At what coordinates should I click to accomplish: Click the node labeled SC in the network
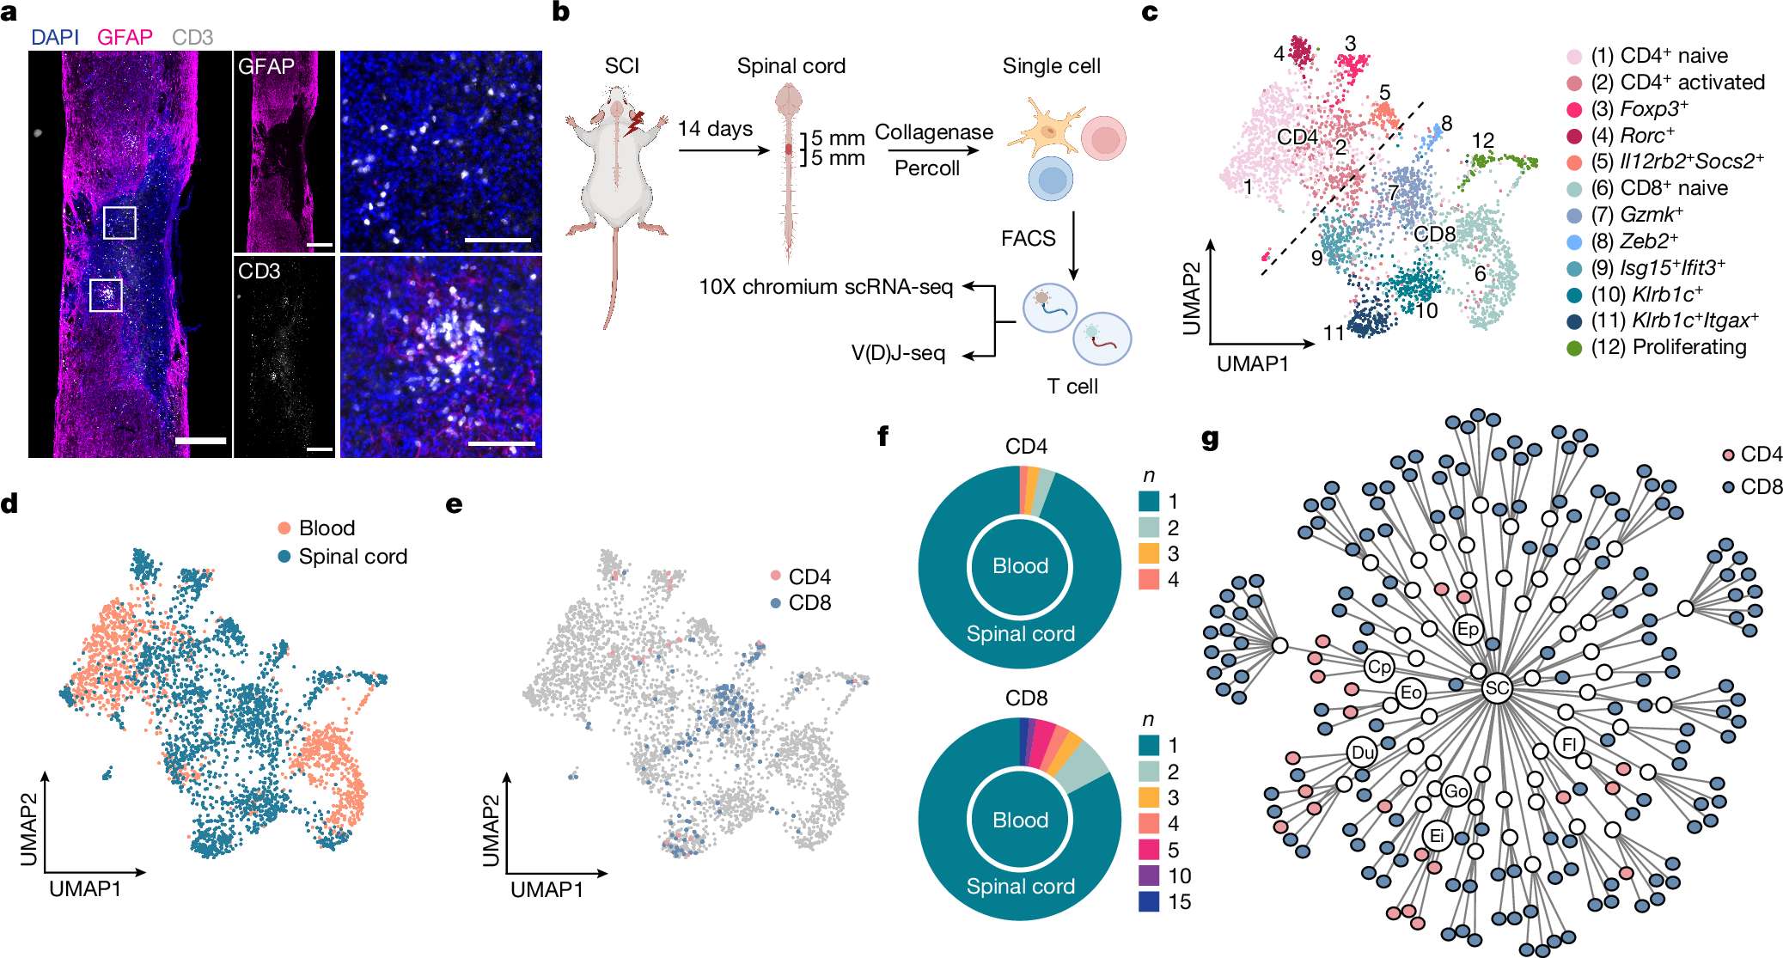(1497, 688)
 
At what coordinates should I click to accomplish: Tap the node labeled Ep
(1468, 629)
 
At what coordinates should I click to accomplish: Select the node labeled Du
(1362, 753)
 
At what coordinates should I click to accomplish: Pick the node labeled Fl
(1569, 743)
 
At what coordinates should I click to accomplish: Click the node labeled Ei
(1436, 835)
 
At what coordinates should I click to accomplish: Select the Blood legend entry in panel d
(326, 528)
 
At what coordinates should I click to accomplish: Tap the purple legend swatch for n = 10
(1149, 876)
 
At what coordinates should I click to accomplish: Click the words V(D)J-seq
(898, 353)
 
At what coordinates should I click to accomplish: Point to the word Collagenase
(933, 132)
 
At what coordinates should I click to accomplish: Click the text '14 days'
(715, 129)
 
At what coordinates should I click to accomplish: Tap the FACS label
(1028, 238)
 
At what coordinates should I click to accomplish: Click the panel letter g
(1210, 440)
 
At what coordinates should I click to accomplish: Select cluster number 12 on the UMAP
(1482, 140)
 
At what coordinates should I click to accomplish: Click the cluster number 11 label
(1333, 333)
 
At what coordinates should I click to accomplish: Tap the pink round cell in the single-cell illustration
(1103, 137)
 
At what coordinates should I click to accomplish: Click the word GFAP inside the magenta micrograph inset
(266, 66)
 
